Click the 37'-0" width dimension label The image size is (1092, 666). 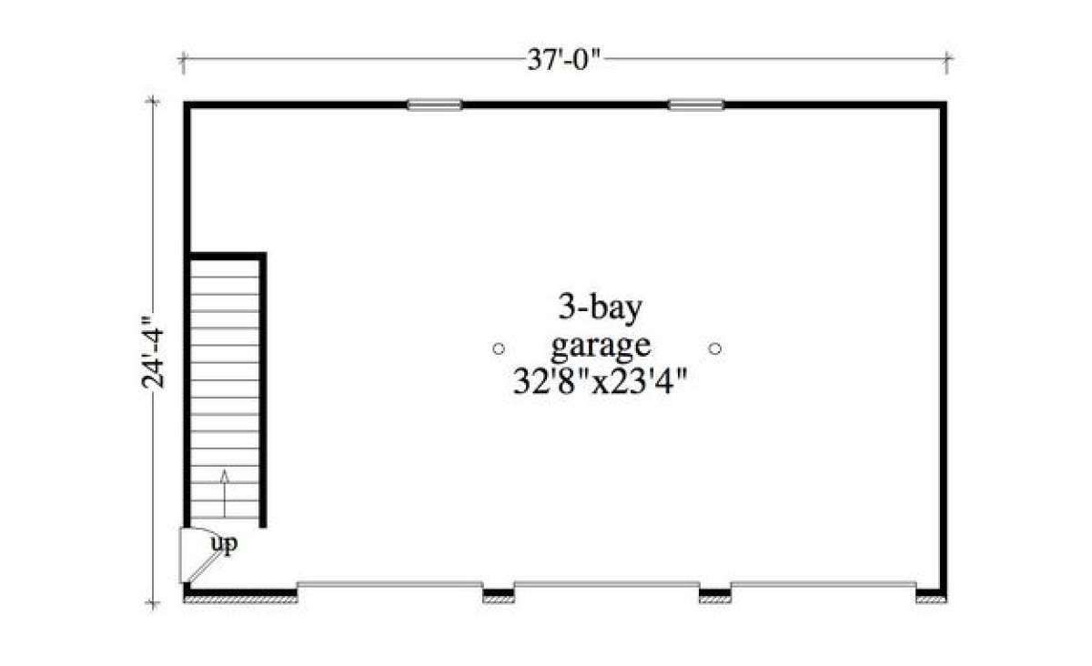(565, 62)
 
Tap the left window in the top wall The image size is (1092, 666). (434, 105)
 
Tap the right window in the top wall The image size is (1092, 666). (696, 105)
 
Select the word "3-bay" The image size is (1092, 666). (601, 308)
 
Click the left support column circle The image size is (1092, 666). (498, 348)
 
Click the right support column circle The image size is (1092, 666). (715, 348)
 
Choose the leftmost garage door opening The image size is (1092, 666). (389, 583)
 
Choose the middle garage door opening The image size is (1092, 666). (606, 583)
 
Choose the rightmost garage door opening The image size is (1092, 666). (823, 583)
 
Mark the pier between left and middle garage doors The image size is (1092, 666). (498, 597)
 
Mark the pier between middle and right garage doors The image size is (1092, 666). (714, 597)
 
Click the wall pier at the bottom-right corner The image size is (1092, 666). (930, 597)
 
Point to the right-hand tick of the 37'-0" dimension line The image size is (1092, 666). (947, 62)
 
